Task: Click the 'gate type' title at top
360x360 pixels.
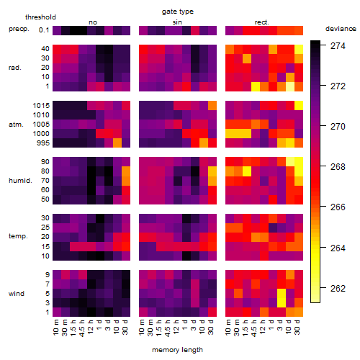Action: (x=178, y=12)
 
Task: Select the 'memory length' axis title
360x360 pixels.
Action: (x=177, y=350)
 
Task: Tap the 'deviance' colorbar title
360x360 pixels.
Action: (x=341, y=29)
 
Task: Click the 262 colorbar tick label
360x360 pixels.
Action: (x=338, y=288)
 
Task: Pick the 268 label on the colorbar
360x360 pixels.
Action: (x=338, y=167)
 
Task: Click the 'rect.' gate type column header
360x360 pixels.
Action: (x=261, y=22)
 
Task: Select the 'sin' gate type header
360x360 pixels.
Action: (x=177, y=22)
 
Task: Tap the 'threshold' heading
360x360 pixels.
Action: (x=40, y=17)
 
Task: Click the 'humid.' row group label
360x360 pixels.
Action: (x=20, y=181)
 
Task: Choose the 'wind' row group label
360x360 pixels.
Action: (x=17, y=294)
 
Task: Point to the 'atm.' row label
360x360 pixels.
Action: (x=16, y=125)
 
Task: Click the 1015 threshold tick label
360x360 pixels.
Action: (x=41, y=106)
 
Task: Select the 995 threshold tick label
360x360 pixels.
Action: (x=43, y=143)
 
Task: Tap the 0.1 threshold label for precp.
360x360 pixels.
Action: (x=44, y=30)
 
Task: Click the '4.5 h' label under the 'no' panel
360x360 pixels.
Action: (x=81, y=328)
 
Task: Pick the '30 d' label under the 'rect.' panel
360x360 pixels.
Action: (x=297, y=327)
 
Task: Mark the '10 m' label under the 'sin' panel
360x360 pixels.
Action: (x=142, y=327)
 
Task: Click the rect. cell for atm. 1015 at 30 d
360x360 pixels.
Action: (x=299, y=106)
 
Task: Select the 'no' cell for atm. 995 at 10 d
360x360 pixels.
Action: (x=117, y=143)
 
